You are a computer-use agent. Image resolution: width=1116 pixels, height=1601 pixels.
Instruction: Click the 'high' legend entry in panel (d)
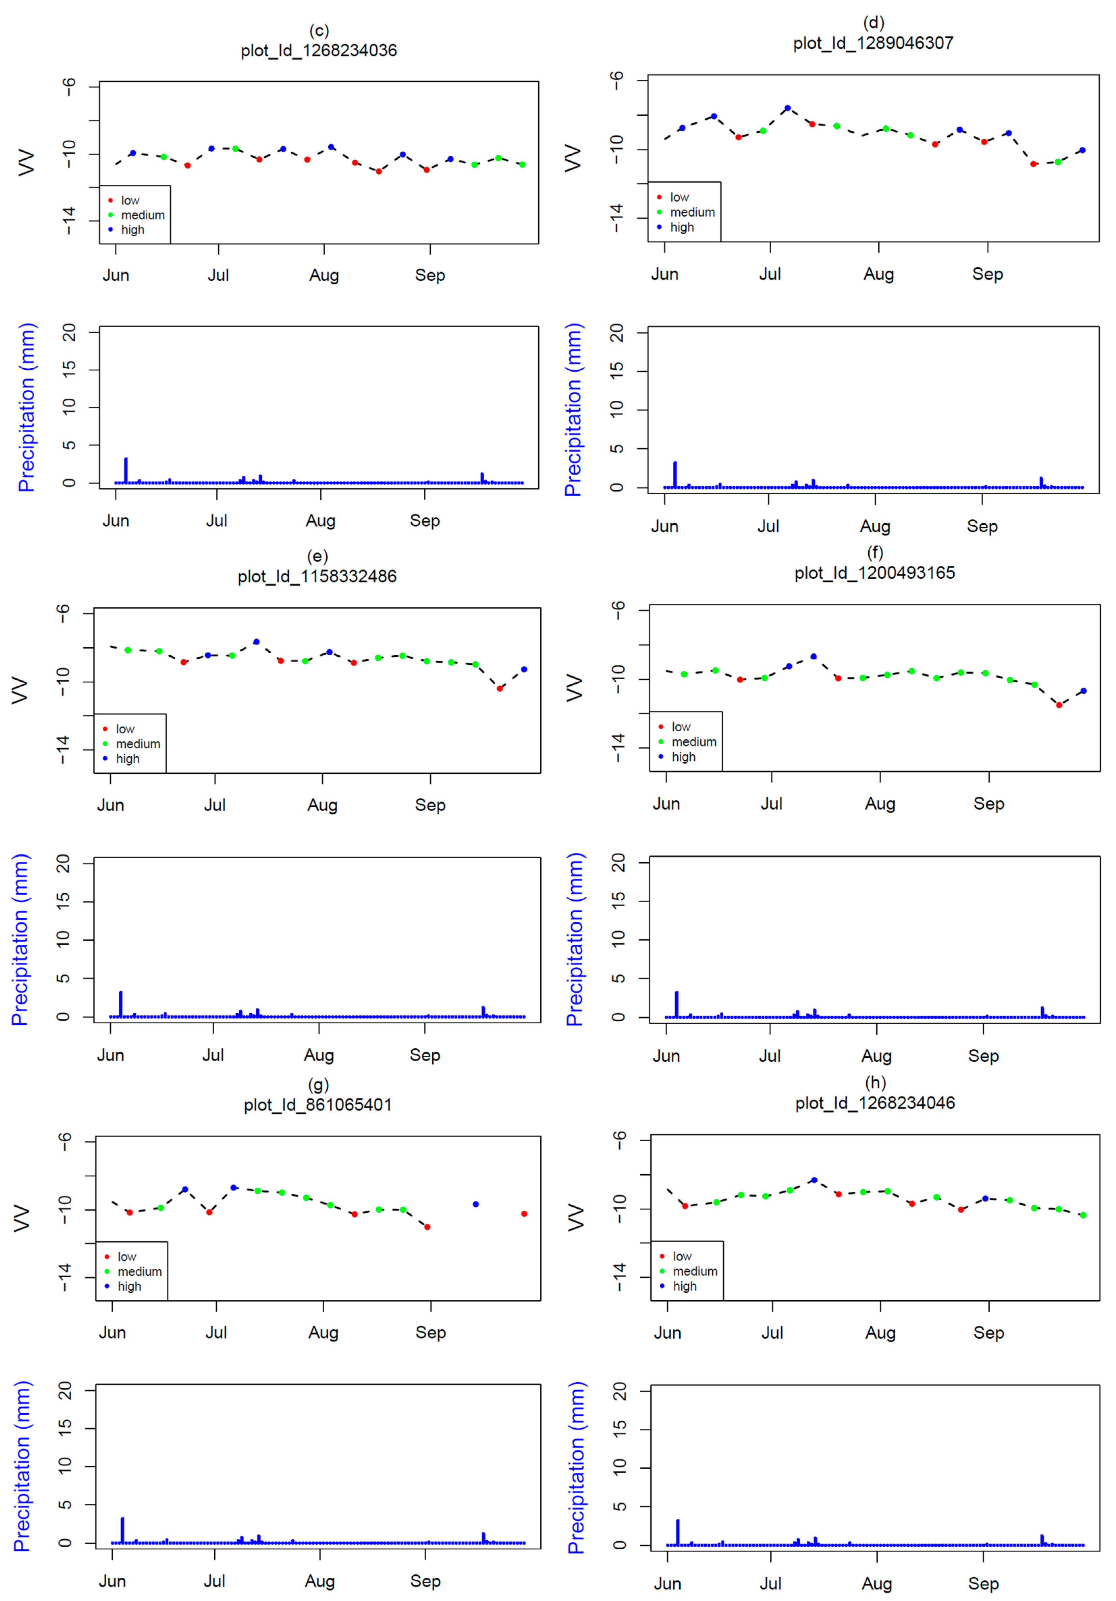tap(681, 227)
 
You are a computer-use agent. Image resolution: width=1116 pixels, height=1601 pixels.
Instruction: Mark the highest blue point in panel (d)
tap(787, 108)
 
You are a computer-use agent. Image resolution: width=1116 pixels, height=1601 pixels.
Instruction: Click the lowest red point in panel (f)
tap(1058, 705)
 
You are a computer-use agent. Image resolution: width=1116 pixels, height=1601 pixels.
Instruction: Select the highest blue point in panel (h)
tap(814, 1180)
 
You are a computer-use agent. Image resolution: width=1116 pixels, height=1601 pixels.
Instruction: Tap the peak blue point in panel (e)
tap(256, 641)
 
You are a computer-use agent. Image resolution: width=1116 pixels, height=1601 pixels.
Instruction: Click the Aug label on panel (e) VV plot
tap(322, 805)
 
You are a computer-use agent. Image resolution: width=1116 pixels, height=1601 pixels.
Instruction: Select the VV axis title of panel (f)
tap(573, 687)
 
